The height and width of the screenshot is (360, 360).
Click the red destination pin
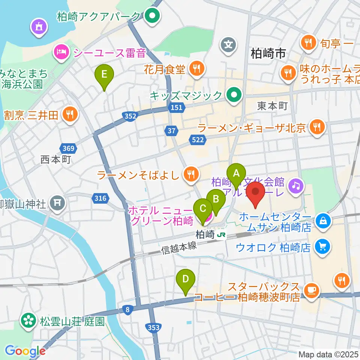coord(256,193)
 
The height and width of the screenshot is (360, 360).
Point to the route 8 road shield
coord(128,309)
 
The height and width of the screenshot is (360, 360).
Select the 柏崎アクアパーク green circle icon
coord(153,16)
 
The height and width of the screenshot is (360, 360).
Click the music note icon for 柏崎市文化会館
coord(295,184)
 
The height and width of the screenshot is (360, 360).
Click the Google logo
coord(25,351)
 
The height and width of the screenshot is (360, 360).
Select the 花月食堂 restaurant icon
coord(196,69)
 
